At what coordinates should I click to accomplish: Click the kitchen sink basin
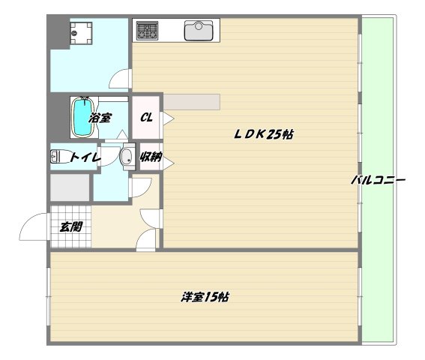pyautogui.click(x=199, y=31)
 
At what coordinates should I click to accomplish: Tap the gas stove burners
pyautogui.click(x=147, y=31)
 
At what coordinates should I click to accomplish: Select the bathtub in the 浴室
pyautogui.click(x=83, y=117)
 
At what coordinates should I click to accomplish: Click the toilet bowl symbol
pyautogui.click(x=58, y=157)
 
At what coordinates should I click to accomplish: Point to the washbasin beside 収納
pyautogui.click(x=127, y=157)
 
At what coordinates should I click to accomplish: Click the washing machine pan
pyautogui.click(x=81, y=33)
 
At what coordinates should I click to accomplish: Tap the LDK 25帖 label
pyautogui.click(x=263, y=134)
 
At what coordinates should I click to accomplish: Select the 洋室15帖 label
pyautogui.click(x=205, y=297)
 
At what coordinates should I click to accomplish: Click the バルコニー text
pyautogui.click(x=379, y=180)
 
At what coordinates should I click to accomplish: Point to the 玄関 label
pyautogui.click(x=71, y=226)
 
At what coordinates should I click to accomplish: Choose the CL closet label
pyautogui.click(x=146, y=118)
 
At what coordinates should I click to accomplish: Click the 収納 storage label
pyautogui.click(x=151, y=157)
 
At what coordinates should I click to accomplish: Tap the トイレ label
pyautogui.click(x=85, y=157)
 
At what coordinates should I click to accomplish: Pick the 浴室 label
pyautogui.click(x=100, y=118)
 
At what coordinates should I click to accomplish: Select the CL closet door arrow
pyautogui.click(x=169, y=118)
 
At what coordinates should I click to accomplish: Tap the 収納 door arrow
pyautogui.click(x=169, y=163)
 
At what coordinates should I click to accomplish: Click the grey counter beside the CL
pyautogui.click(x=192, y=102)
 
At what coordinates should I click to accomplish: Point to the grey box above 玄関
pyautogui.click(x=70, y=187)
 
